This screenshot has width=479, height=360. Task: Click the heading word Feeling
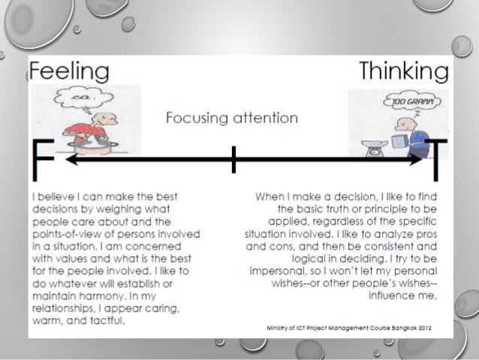click(69, 73)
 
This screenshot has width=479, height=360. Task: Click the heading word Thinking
click(403, 72)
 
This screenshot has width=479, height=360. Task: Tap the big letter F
click(44, 160)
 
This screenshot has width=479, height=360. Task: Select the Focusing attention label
click(231, 118)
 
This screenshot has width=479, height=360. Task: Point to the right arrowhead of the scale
click(417, 159)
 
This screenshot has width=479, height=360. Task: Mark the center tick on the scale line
click(234, 159)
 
